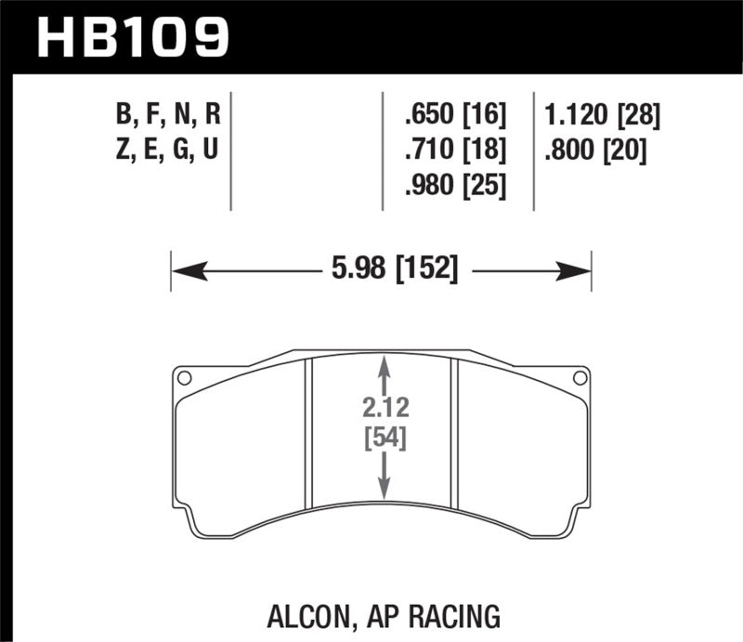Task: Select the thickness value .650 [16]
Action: [x=454, y=117]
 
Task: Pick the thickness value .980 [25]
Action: [x=454, y=186]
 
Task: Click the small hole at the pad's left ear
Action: [x=184, y=378]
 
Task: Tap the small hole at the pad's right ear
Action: [x=580, y=378]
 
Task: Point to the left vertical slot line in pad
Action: [x=310, y=437]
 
